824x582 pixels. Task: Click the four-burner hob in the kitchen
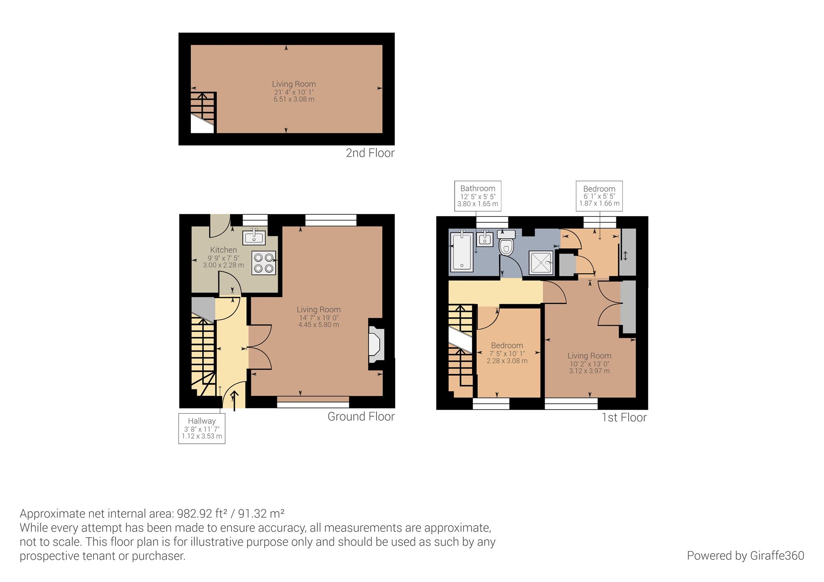[264, 263]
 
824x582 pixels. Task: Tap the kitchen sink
[254, 237]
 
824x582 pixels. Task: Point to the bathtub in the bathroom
[462, 251]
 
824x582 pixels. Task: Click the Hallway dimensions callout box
[202, 428]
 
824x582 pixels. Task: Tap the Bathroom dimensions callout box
[478, 196]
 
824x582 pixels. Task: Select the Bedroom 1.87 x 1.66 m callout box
[599, 196]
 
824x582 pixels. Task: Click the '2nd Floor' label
[370, 153]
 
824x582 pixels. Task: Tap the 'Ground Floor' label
[361, 417]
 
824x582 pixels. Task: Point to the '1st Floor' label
[624, 417]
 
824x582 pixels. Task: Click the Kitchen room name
[223, 250]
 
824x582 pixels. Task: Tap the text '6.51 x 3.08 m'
[294, 99]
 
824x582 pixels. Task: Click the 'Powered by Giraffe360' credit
[745, 556]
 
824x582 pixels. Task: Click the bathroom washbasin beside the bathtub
[485, 239]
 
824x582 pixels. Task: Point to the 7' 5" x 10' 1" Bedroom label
[507, 354]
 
